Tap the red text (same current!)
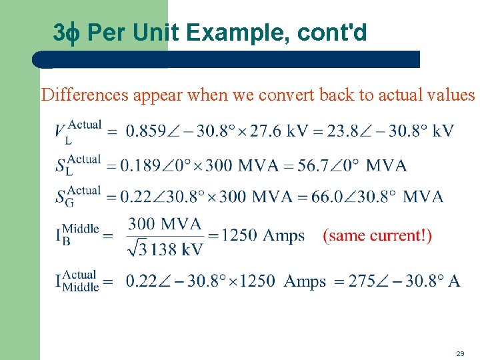(x=377, y=235)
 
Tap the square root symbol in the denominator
(x=134, y=248)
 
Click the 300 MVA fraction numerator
(x=165, y=223)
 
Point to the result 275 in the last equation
(x=362, y=281)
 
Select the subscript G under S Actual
(x=69, y=203)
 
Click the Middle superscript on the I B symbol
(x=80, y=229)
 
